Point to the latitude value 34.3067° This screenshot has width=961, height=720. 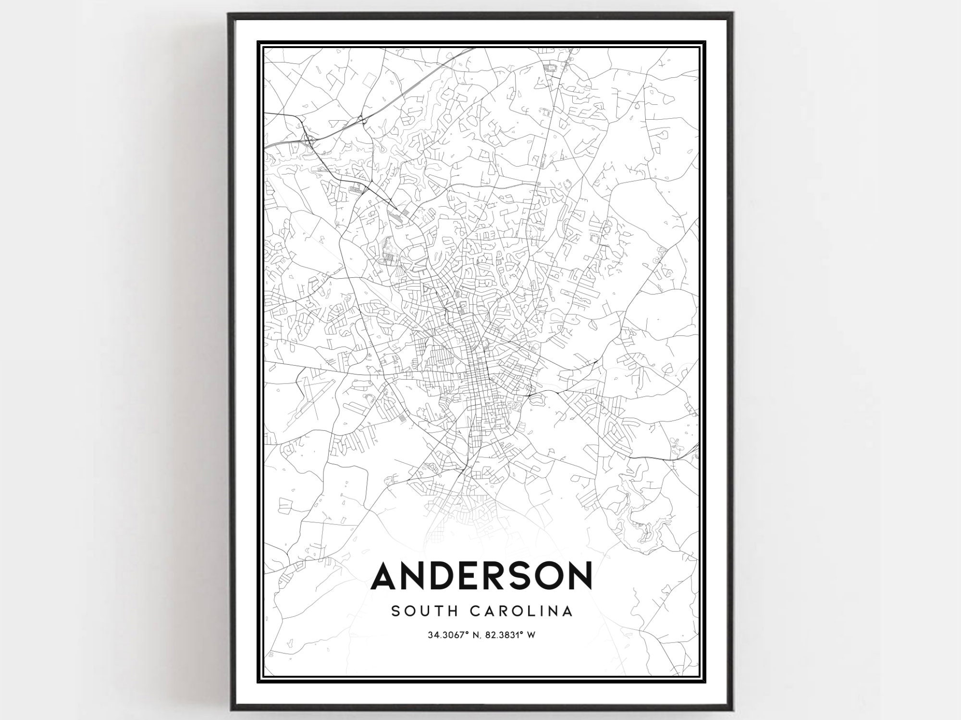447,635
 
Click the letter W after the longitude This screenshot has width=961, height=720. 531,635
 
